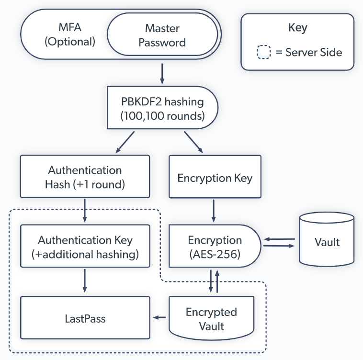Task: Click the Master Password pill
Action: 162,36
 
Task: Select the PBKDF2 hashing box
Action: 162,108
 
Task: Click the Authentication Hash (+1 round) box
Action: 85,177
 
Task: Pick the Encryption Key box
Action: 215,178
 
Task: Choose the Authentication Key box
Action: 85,247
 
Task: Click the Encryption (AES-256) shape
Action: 215,247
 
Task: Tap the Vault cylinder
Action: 327,241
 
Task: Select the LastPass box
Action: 85,318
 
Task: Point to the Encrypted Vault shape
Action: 211,319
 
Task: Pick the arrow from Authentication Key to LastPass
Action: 85,281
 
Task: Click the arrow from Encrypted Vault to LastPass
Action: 159,317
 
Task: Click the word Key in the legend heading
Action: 297,28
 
